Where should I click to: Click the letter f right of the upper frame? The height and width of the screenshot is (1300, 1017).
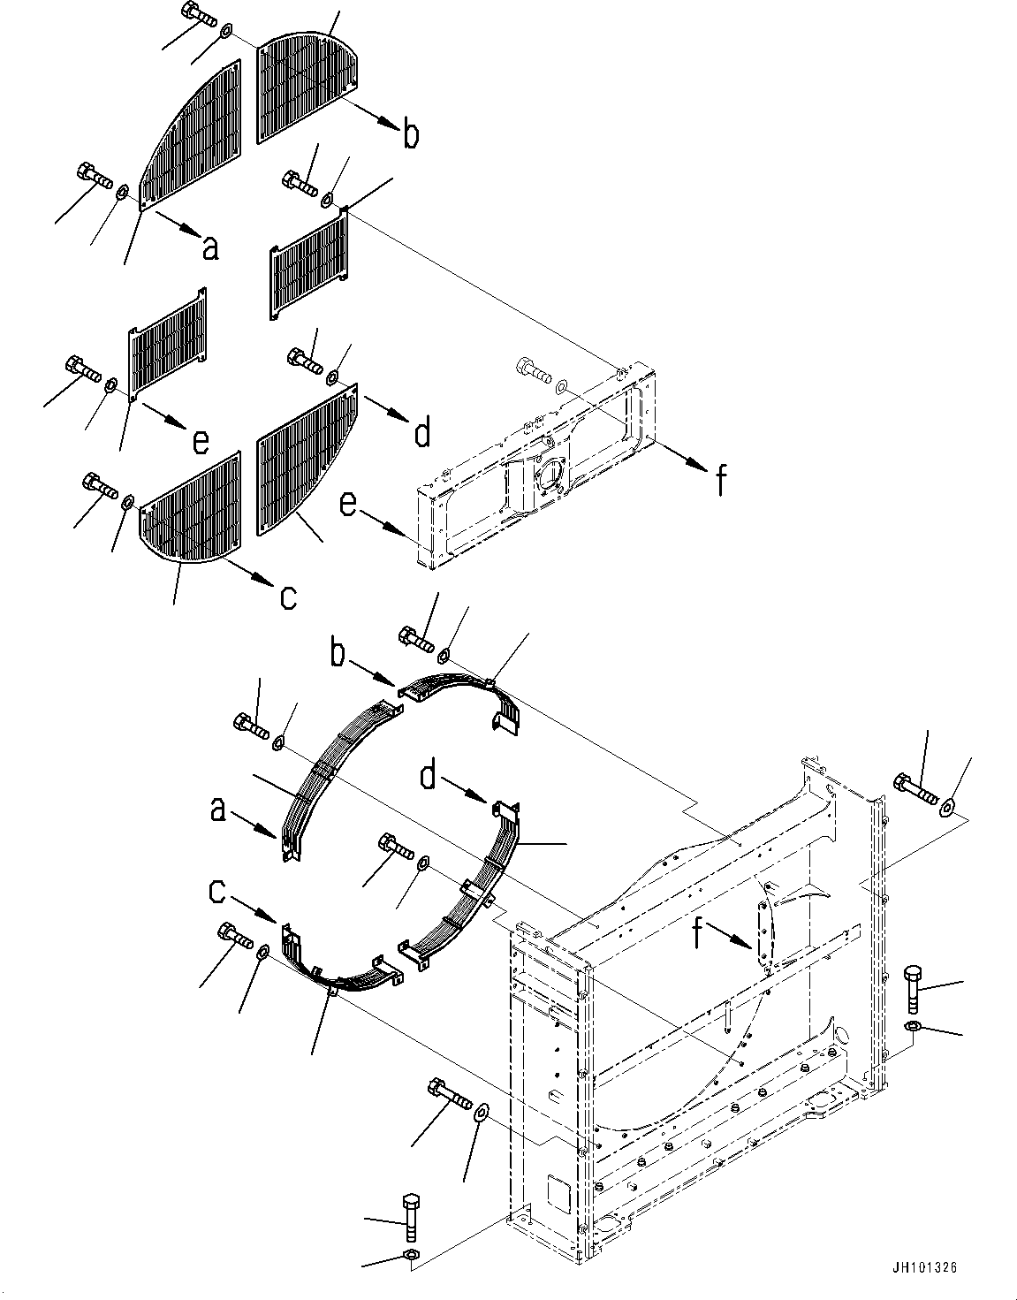721,482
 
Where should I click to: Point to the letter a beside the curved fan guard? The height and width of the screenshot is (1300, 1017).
217,809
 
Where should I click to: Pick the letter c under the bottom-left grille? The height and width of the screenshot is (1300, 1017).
288,597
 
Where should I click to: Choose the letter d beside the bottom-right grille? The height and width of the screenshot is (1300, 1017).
422,433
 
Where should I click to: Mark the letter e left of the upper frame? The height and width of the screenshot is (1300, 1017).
349,505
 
